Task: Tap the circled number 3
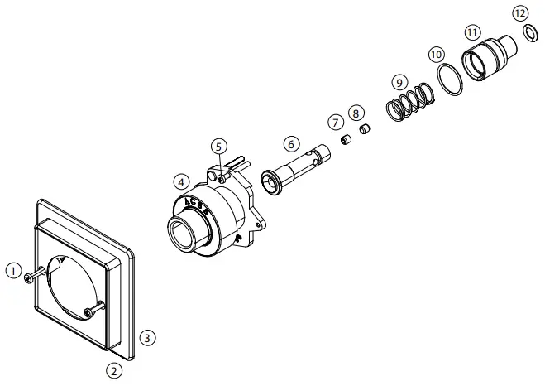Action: (x=146, y=338)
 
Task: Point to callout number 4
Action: (x=180, y=181)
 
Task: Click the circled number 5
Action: (x=218, y=147)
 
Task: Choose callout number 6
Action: (x=291, y=143)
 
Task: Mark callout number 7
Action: (x=336, y=122)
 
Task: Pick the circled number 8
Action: (x=356, y=112)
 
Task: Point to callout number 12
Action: (x=519, y=13)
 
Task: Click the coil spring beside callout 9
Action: (x=409, y=103)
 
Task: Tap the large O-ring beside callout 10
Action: (x=450, y=80)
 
